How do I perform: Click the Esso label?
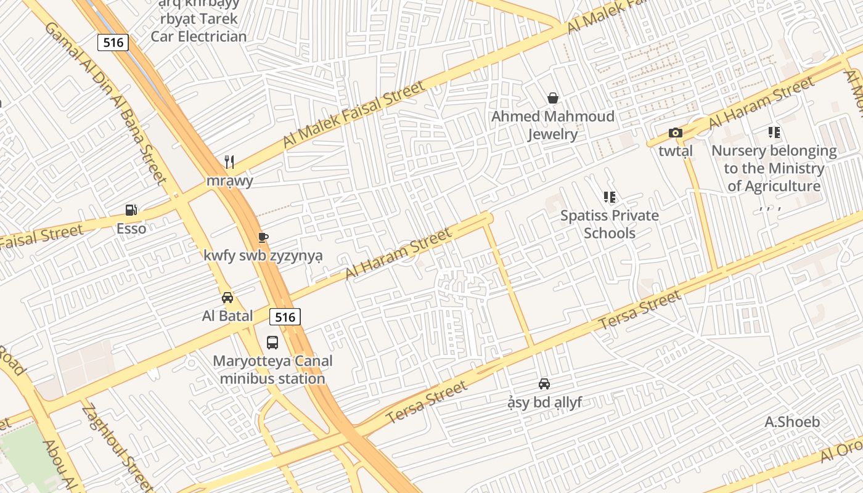[131, 229]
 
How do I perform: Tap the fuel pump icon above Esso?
[131, 210]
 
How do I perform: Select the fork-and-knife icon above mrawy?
[229, 162]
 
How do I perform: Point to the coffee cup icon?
[263, 237]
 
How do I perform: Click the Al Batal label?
[227, 316]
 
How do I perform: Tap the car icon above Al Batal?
[227, 298]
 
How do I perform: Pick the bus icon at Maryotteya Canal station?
[272, 343]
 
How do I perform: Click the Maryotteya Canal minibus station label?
[272, 370]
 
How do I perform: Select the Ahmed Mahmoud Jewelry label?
[553, 125]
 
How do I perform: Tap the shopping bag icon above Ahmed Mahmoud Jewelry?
[553, 98]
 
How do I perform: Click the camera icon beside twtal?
[676, 132]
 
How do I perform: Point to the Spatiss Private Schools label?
[610, 224]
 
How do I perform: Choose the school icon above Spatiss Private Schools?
[610, 197]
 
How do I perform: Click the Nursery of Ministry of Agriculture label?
[774, 168]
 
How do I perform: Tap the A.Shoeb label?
[792, 422]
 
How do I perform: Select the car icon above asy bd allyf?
[544, 384]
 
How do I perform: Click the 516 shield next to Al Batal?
[285, 317]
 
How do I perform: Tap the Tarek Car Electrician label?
[199, 27]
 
